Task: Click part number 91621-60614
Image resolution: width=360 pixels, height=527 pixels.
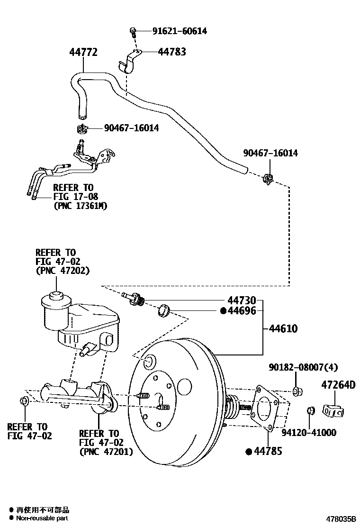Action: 180,31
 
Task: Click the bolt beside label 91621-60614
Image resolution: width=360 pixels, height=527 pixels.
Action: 134,32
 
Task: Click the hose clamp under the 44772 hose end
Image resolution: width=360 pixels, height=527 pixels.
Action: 82,128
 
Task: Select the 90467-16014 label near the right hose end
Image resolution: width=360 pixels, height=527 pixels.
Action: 270,153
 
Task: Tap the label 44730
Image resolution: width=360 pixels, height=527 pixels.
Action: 242,300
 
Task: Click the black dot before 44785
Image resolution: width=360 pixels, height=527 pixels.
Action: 248,452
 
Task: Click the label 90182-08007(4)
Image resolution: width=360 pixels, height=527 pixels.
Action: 303,367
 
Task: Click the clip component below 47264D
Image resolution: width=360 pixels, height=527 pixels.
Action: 333,410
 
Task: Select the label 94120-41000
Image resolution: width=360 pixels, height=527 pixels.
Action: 308,432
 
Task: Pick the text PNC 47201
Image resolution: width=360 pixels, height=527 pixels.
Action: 106,451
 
